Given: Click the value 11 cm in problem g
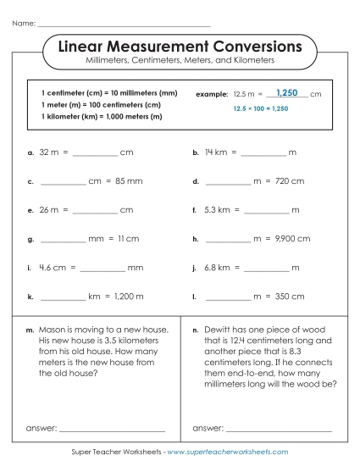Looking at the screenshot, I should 128,239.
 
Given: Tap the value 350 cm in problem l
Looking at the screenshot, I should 290,297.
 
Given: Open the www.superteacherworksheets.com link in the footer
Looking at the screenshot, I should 228,452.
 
